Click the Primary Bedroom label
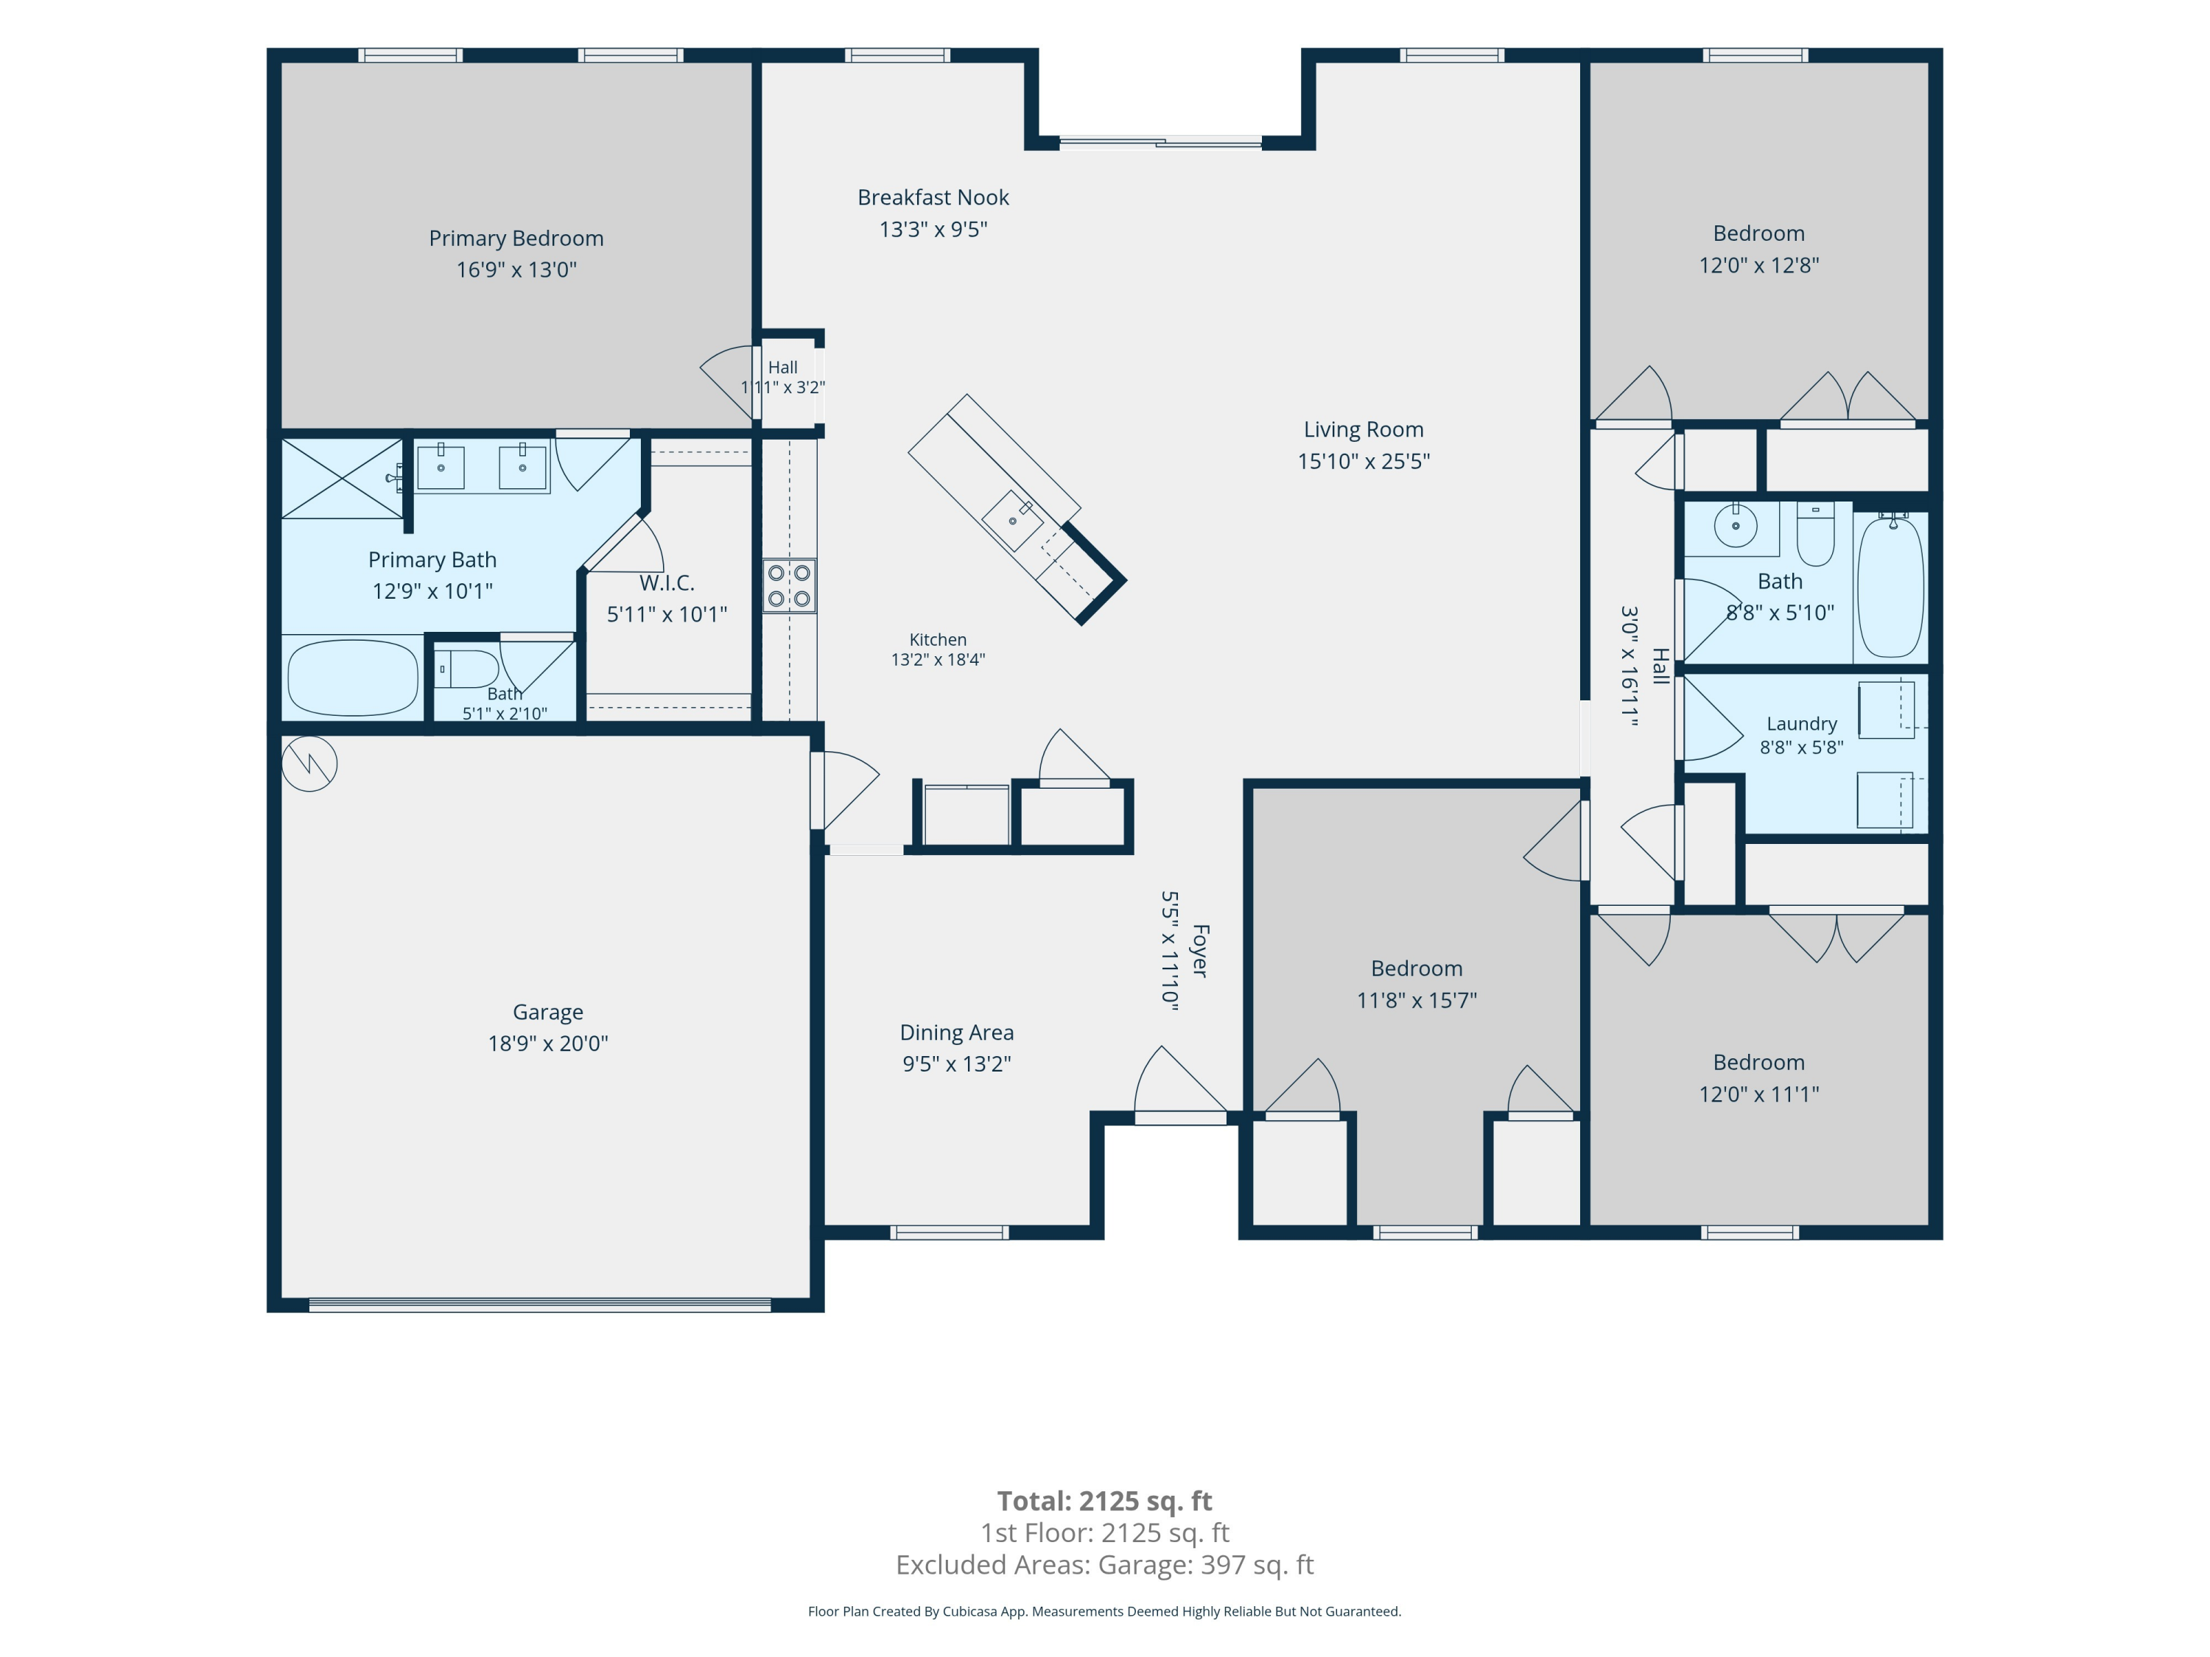click(516, 238)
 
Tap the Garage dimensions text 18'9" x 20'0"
click(547, 1043)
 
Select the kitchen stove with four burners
click(789, 585)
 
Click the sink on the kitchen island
click(1013, 519)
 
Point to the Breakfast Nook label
click(933, 197)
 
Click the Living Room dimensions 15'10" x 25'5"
click(1364, 460)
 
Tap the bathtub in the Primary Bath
click(353, 678)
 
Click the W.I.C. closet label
click(667, 583)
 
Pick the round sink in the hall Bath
click(1736, 527)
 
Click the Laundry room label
click(1801, 723)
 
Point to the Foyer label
click(1201, 951)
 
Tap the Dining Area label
click(956, 1032)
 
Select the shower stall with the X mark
click(342, 479)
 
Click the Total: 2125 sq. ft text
click(1104, 1500)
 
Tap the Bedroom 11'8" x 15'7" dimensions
click(1417, 1000)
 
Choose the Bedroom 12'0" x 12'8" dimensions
click(1758, 264)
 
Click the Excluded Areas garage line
click(1104, 1564)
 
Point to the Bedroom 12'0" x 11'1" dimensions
click(1758, 1094)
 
